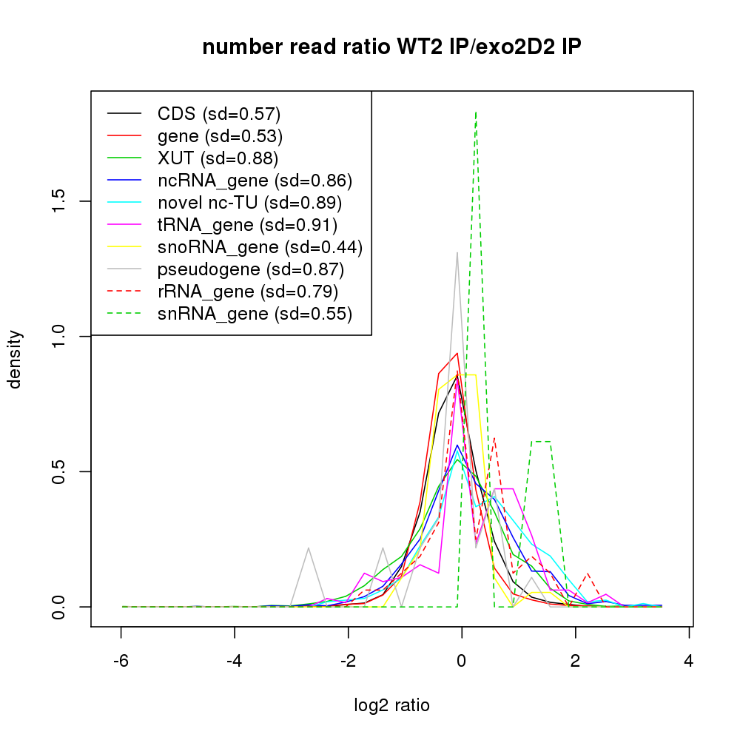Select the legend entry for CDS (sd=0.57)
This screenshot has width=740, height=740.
219,114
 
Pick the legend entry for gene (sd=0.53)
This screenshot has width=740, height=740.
220,136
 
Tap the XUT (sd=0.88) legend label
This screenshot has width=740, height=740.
218,158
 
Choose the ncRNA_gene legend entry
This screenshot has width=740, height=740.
255,181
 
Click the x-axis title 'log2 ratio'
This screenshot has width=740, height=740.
391,705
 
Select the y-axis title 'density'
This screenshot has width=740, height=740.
15,359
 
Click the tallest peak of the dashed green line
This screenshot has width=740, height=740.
475,112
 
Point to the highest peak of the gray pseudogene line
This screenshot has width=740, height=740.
457,253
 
